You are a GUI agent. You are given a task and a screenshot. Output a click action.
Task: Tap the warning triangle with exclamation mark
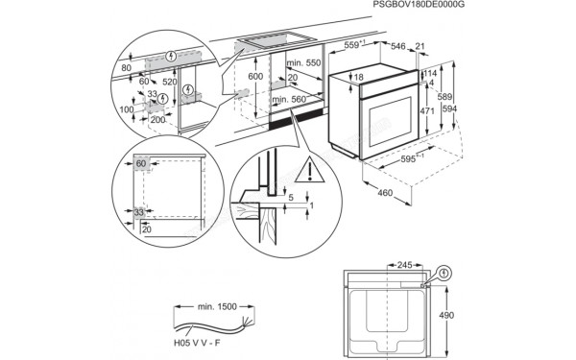click(310, 172)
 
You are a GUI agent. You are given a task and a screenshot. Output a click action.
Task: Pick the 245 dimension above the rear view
click(404, 265)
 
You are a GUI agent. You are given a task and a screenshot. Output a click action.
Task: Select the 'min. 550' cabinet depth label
click(303, 62)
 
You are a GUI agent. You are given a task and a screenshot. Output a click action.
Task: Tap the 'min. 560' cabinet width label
click(290, 99)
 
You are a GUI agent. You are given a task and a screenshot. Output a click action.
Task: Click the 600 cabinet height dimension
click(255, 77)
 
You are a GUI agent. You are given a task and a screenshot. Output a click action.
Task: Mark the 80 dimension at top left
click(126, 69)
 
